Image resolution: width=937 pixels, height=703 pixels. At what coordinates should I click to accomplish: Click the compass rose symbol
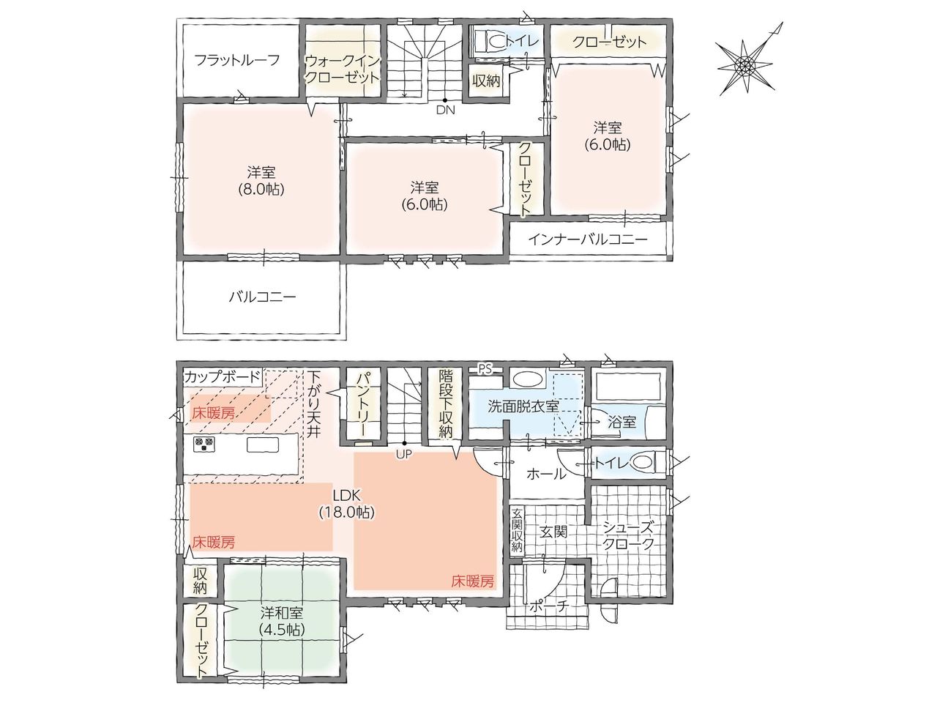(x=746, y=65)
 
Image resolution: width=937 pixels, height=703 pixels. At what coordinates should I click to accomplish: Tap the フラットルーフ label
(x=237, y=60)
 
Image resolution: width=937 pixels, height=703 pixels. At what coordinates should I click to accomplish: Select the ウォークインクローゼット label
(x=343, y=70)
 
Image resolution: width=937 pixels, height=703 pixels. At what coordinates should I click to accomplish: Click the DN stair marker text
(x=445, y=110)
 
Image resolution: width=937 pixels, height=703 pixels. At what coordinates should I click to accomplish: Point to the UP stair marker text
(x=404, y=455)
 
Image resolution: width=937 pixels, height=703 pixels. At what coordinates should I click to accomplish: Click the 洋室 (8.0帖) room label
(x=261, y=181)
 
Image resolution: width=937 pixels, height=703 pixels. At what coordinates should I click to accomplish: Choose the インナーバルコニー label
(x=588, y=239)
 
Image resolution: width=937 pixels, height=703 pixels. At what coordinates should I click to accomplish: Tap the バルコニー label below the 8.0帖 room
(x=262, y=297)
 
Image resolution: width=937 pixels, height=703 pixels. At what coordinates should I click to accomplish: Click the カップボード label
(x=223, y=377)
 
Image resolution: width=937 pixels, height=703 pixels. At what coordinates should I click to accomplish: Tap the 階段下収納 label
(x=445, y=403)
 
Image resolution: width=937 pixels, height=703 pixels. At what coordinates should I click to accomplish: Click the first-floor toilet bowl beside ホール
(x=643, y=462)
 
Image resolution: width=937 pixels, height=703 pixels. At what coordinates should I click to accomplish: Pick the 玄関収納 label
(x=517, y=530)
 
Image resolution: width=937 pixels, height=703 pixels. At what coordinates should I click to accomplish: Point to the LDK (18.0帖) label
(x=347, y=504)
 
